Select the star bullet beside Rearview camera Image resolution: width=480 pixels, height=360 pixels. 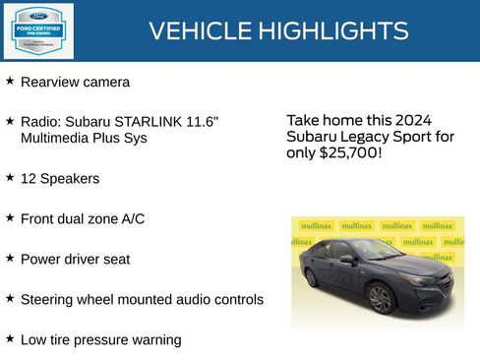click(10, 81)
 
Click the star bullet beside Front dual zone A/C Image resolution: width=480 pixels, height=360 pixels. click(10, 217)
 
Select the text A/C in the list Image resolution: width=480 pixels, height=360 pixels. click(131, 218)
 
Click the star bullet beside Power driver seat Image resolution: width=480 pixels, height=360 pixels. click(10, 258)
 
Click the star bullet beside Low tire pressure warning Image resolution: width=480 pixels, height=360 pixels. click(10, 338)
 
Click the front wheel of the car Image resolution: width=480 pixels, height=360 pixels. click(380, 298)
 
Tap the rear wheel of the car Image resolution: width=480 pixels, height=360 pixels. click(312, 278)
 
